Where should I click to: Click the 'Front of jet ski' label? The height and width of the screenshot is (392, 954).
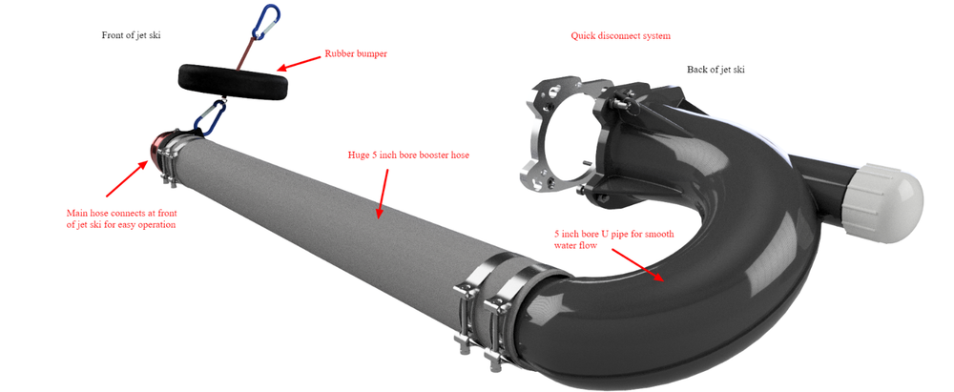(131, 35)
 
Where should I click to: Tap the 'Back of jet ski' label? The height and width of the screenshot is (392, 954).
(715, 70)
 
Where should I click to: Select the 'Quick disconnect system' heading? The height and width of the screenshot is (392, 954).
(621, 36)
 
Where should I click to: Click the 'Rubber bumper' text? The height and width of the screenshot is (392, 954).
(356, 53)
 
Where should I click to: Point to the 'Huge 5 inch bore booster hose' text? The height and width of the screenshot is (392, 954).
(408, 155)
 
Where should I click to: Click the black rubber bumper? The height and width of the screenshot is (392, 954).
(233, 80)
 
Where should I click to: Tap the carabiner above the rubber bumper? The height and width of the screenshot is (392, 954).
(266, 22)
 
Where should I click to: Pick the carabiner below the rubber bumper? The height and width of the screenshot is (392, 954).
(211, 118)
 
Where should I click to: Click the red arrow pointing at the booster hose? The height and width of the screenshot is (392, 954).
(383, 194)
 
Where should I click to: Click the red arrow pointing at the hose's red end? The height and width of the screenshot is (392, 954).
(127, 179)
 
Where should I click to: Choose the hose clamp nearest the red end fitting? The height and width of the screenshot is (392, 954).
(171, 155)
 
